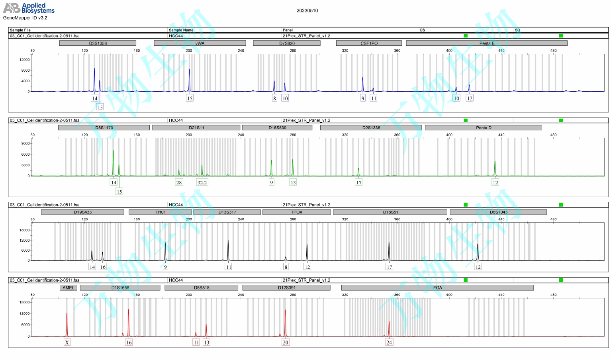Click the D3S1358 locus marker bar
click(98, 43)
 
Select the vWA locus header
click(200, 43)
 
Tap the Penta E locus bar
click(486, 43)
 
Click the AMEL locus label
click(68, 288)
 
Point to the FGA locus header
click(437, 288)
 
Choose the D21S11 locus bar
click(196, 128)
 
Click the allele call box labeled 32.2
click(202, 182)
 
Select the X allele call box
click(67, 342)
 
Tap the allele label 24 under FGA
click(389, 342)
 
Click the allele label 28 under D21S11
click(179, 182)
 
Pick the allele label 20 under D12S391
click(285, 342)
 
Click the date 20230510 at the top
click(307, 11)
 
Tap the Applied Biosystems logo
click(29, 8)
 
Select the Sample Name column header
click(181, 30)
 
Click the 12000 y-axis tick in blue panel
click(25, 60)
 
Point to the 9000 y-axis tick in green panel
click(25, 143)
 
